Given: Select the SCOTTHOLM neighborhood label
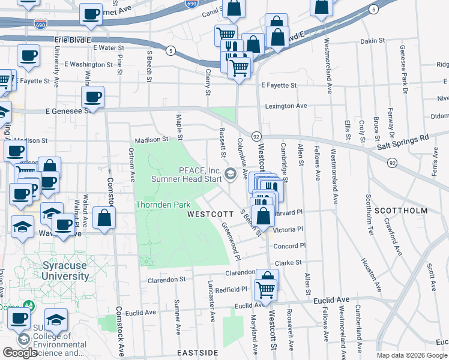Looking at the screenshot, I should pos(401,211).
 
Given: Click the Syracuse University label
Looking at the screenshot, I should pos(66,271).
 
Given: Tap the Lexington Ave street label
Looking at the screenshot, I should pos(286,106).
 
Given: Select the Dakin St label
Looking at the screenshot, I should pos(372,41).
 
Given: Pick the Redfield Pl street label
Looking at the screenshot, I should pos(232,289).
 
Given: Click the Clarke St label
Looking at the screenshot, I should pos(288,262).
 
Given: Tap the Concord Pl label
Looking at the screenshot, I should pos(289,246).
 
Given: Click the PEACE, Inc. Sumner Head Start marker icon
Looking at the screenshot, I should pos(229,175).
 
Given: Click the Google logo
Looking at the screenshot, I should pos(20,353).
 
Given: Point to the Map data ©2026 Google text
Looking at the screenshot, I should pos(411,355).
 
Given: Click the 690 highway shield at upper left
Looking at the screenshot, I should pos(41,25).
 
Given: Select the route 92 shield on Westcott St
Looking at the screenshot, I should pos(256,136).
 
